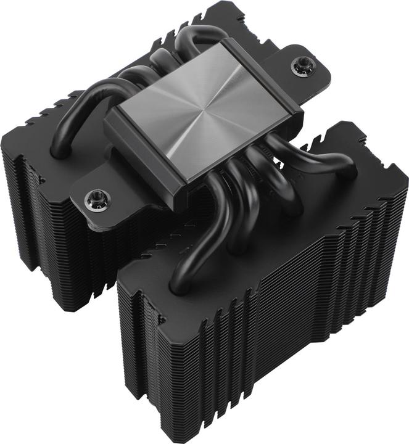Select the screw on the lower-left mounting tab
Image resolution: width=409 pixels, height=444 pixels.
96,198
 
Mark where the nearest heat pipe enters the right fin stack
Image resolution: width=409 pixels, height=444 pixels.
180,284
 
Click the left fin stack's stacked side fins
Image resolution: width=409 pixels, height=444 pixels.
37,222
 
